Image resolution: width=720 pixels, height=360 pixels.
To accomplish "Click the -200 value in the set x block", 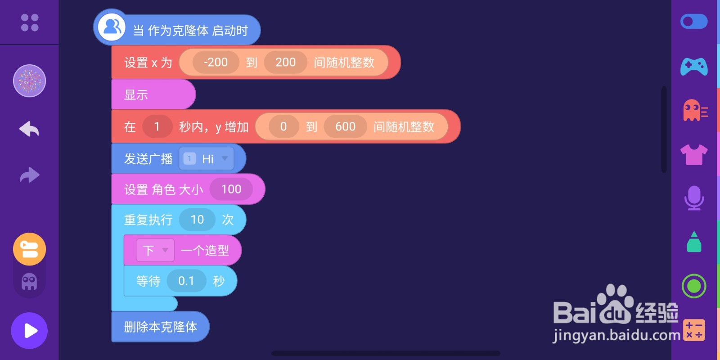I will point(216,62).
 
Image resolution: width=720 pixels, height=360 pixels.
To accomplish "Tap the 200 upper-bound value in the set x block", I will point(285,62).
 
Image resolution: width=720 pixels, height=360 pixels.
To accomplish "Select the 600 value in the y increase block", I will point(345,126).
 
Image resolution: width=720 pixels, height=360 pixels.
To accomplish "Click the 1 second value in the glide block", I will point(157,126).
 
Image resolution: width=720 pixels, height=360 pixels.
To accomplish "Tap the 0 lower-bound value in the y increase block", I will point(283,126).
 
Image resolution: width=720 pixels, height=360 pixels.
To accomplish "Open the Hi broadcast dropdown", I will point(207,159).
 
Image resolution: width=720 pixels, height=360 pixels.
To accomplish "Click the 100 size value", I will point(231,189).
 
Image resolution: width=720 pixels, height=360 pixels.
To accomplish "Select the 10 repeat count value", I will point(197,220).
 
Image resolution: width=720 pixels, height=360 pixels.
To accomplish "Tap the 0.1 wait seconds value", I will point(186,281).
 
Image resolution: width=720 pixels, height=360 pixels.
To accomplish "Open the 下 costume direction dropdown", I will point(155,250).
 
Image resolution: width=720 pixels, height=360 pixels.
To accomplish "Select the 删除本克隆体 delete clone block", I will point(160,327).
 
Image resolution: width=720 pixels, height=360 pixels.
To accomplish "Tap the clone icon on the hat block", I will point(112,27).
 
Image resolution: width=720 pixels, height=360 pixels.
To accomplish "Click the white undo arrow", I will point(29,129).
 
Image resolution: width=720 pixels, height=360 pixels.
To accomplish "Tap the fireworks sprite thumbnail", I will point(29,81).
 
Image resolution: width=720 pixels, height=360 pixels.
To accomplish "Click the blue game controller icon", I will point(693,67).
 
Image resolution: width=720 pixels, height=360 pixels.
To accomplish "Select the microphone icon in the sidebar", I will point(694,198).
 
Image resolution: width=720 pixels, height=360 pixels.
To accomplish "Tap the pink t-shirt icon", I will point(693,154).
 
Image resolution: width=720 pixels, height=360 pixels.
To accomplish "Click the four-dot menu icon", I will point(30,22).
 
